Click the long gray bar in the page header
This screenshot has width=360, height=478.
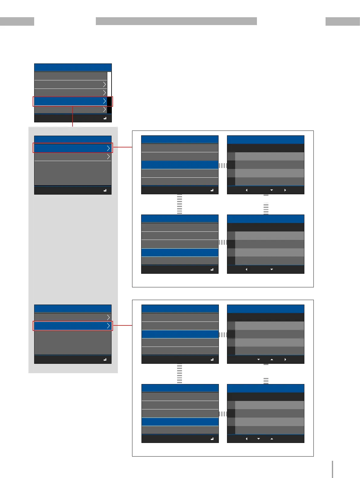click(176, 21)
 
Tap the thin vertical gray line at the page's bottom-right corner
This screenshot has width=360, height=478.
click(332, 469)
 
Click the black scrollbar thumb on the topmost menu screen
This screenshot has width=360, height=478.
click(109, 105)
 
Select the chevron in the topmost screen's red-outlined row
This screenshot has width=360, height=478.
click(105, 101)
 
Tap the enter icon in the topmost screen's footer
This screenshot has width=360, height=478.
click(105, 118)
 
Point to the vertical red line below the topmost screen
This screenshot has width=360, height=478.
click(73, 116)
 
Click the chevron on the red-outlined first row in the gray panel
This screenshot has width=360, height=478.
click(108, 148)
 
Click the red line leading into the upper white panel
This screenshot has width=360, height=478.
click(122, 147)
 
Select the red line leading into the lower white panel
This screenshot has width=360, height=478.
click(122, 325)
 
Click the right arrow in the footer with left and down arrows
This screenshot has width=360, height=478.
click(285, 190)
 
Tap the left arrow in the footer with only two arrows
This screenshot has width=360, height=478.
click(246, 269)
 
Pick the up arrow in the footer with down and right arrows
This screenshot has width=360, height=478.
click(272, 360)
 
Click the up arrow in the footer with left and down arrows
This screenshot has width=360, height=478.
click(272, 439)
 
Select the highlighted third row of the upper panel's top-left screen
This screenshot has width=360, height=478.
click(180, 165)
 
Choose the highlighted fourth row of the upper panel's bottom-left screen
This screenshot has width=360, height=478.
click(180, 253)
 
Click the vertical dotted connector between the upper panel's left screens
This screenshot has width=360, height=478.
click(180, 204)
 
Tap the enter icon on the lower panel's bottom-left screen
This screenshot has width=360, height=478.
click(212, 439)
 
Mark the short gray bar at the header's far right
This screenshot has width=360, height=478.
click(343, 21)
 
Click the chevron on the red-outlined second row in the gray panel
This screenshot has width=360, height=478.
click(108, 326)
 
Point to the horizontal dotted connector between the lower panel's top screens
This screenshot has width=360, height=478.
click(223, 334)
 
